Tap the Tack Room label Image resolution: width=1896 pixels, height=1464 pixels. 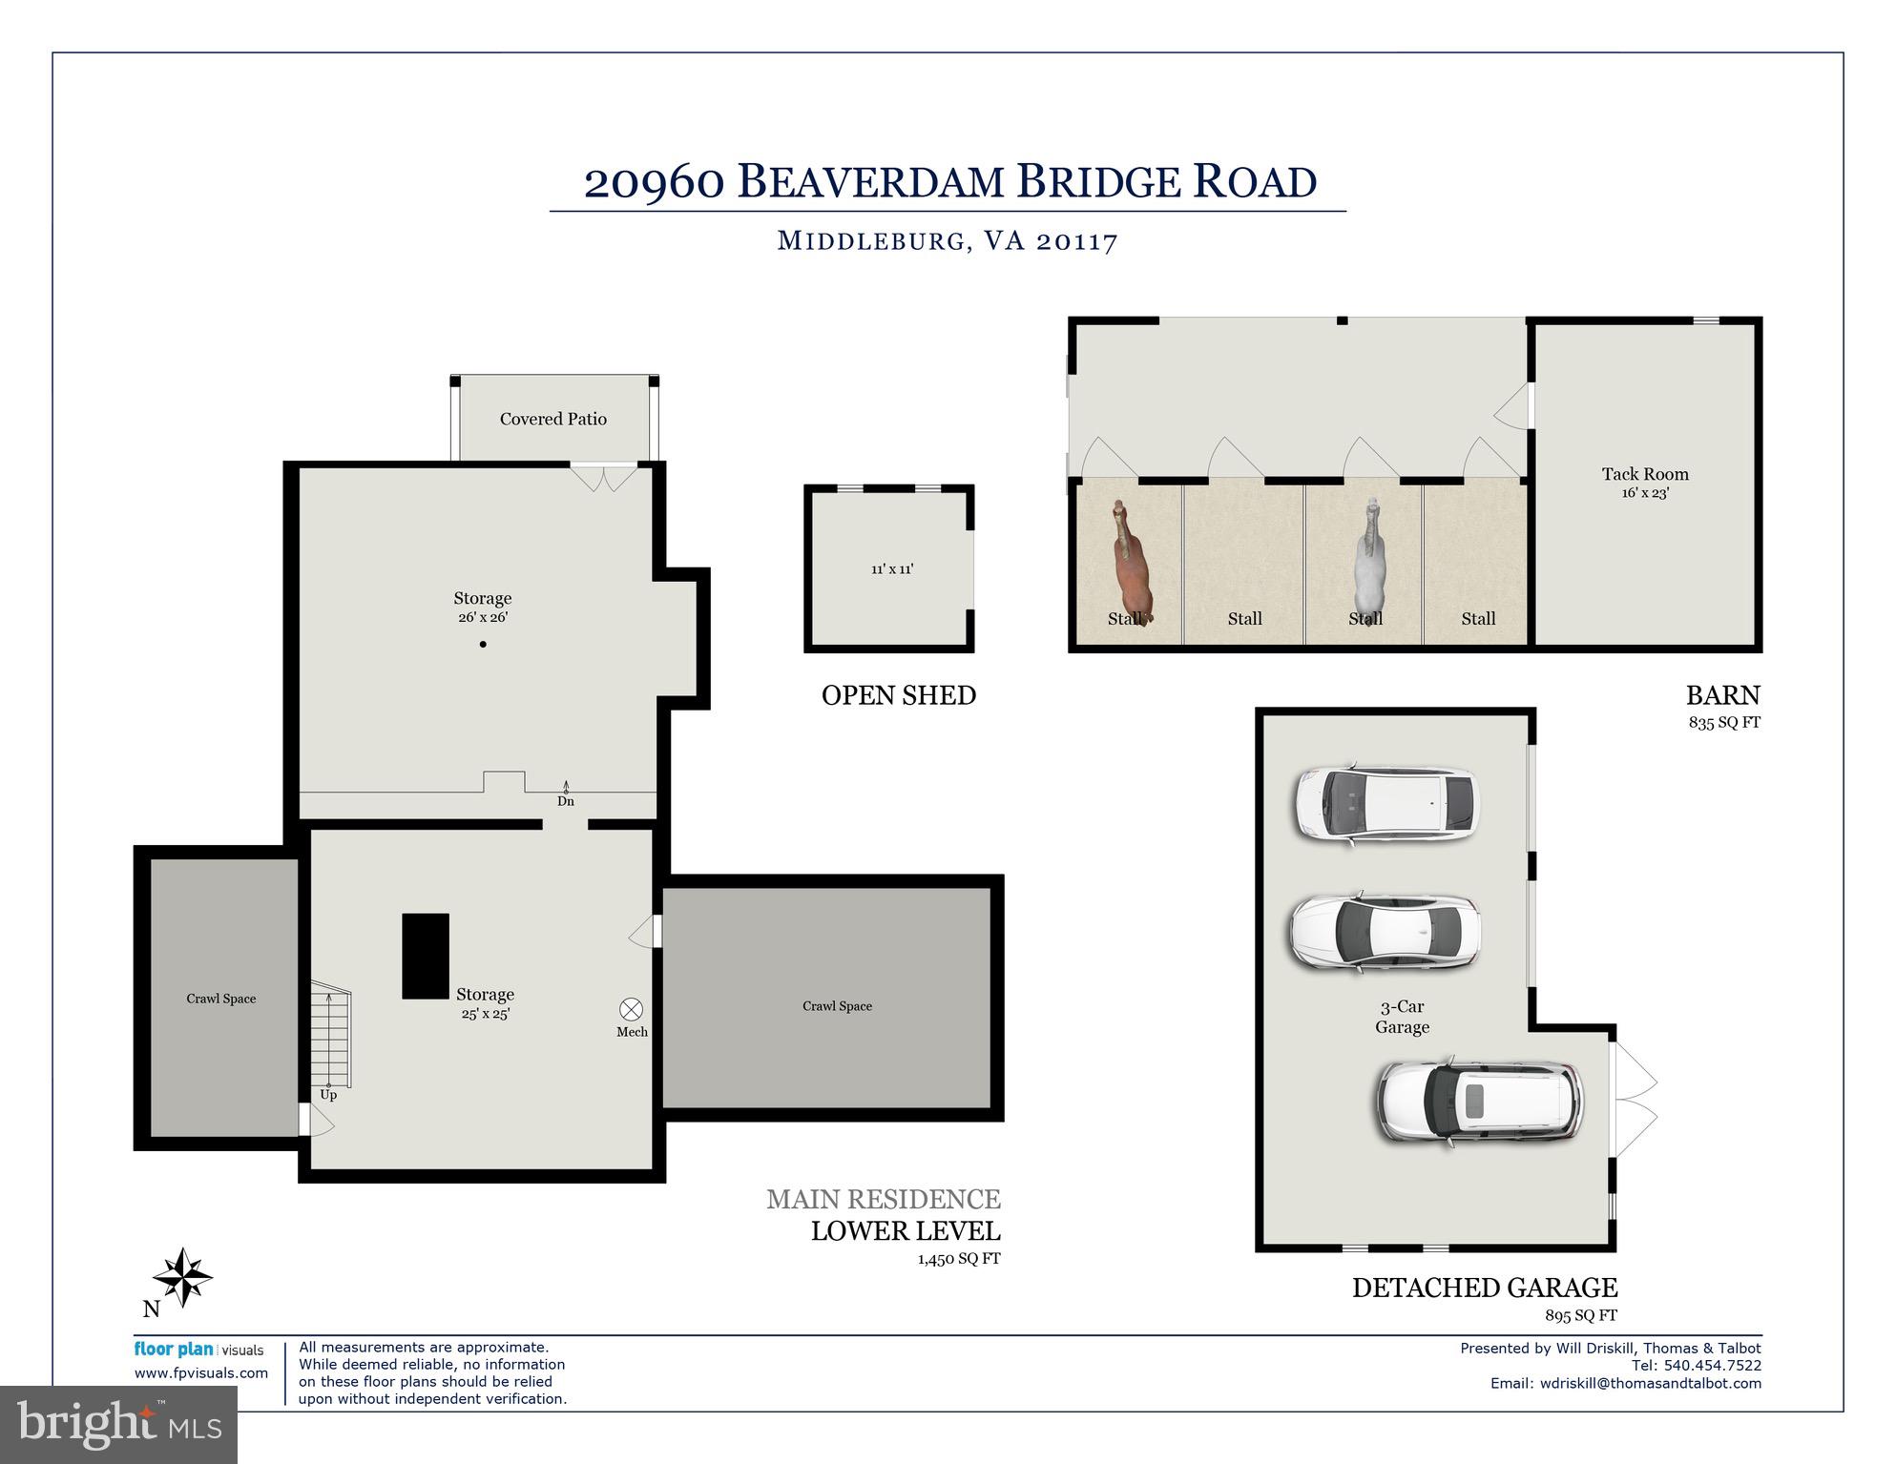(x=1645, y=474)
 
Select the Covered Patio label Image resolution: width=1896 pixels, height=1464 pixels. (x=553, y=419)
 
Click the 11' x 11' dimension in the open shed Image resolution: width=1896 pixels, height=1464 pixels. (x=892, y=569)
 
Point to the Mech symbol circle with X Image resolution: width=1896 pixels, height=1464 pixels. (x=632, y=1009)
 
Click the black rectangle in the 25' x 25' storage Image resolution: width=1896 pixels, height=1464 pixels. (x=426, y=956)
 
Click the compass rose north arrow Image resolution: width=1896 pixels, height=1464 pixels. (x=181, y=1277)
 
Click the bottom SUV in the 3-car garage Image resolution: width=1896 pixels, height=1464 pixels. (x=1480, y=1102)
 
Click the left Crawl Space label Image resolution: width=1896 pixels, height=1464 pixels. (x=221, y=999)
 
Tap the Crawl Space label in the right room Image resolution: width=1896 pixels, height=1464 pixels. (x=837, y=1006)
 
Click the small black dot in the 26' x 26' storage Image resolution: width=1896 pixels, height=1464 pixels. (x=483, y=645)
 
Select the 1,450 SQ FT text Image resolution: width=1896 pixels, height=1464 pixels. (x=959, y=1259)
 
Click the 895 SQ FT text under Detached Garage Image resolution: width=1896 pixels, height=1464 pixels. (x=1581, y=1315)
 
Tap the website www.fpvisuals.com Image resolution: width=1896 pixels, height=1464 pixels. (x=201, y=1373)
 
